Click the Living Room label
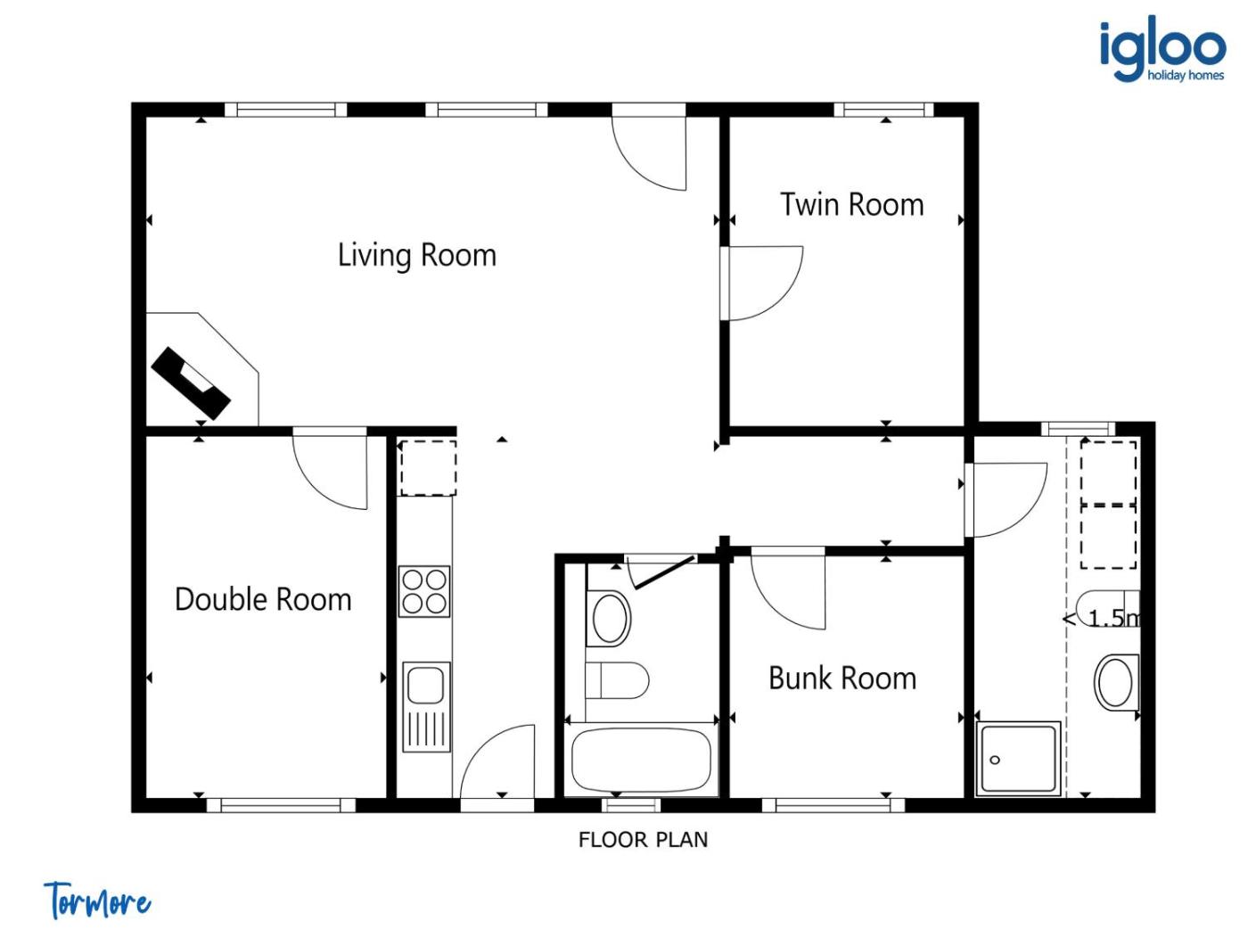coord(417,254)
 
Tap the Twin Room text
coord(851,204)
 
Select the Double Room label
coord(263,599)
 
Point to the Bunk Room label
coord(842,678)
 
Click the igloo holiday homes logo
coord(1162,50)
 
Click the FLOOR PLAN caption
coord(643,840)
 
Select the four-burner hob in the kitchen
coord(424,591)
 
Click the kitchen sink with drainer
coord(426,707)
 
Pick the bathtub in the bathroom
coord(641,760)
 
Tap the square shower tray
coord(1018,759)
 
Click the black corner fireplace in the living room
coord(191,383)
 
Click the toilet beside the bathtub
coord(617,680)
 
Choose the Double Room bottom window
coord(281,805)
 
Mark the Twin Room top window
coord(884,110)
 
